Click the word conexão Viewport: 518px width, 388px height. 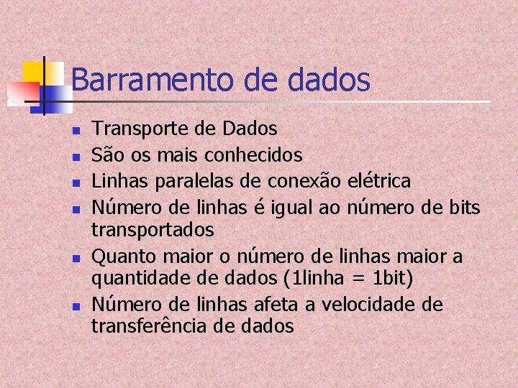click(304, 180)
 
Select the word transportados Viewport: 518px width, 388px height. click(152, 230)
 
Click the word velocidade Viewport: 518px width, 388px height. click(365, 305)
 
